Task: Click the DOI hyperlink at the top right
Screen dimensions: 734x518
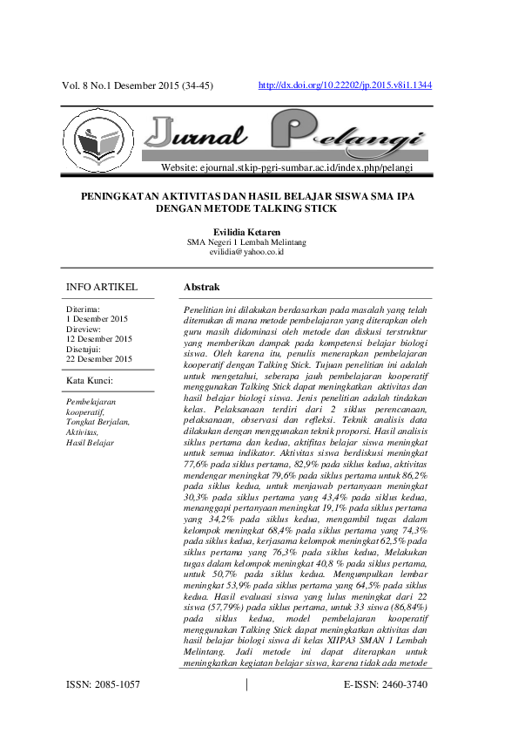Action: point(346,85)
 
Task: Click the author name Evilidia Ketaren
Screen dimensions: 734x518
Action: point(259,231)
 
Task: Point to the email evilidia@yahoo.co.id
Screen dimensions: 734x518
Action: point(259,251)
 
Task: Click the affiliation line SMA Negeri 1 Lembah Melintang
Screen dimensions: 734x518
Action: point(259,241)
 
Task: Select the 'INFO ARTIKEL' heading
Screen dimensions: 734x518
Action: point(102,287)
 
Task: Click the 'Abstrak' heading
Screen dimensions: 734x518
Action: point(202,287)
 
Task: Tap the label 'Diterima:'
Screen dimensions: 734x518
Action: point(84,309)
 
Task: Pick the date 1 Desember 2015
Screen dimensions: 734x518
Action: point(98,319)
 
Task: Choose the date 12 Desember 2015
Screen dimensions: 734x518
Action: point(99,339)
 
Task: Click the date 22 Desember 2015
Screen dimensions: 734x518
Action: point(99,358)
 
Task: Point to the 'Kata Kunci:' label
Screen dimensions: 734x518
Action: point(91,380)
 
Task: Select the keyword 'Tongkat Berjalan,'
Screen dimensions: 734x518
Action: point(98,422)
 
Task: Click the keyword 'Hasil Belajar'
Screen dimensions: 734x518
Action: point(90,443)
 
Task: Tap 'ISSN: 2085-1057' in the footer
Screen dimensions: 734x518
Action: point(103,709)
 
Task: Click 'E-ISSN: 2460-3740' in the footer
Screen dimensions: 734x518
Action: point(386,709)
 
